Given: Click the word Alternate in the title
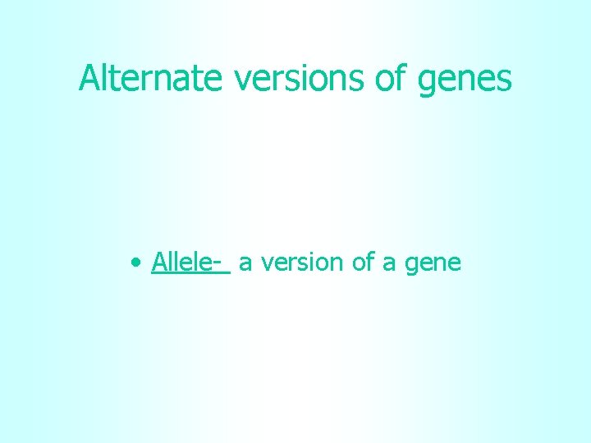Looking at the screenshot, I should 150,79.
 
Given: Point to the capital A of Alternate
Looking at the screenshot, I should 89,79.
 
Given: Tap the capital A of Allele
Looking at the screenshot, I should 159,263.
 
